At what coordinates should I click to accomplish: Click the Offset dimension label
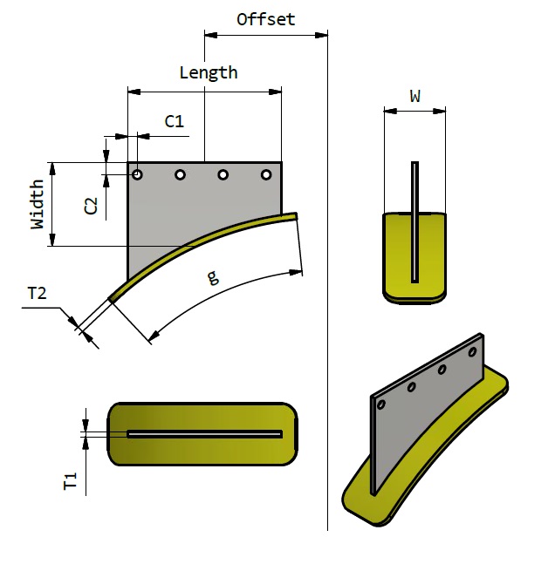click(266, 19)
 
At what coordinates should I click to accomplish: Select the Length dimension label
click(208, 72)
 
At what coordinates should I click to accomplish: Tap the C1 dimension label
click(175, 121)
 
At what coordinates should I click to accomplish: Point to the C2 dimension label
click(90, 206)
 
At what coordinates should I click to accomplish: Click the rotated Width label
click(38, 204)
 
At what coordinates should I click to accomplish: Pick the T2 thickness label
click(37, 294)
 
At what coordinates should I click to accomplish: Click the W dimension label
click(415, 97)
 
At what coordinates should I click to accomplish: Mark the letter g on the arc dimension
click(212, 278)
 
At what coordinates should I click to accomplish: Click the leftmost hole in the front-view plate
click(138, 175)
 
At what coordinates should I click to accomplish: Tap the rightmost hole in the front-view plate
click(267, 175)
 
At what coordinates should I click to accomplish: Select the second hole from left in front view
click(181, 175)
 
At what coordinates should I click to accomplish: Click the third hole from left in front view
click(223, 175)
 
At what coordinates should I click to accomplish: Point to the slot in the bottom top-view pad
click(205, 434)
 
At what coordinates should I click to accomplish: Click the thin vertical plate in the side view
click(415, 218)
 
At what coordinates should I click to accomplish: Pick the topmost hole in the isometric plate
click(472, 352)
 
